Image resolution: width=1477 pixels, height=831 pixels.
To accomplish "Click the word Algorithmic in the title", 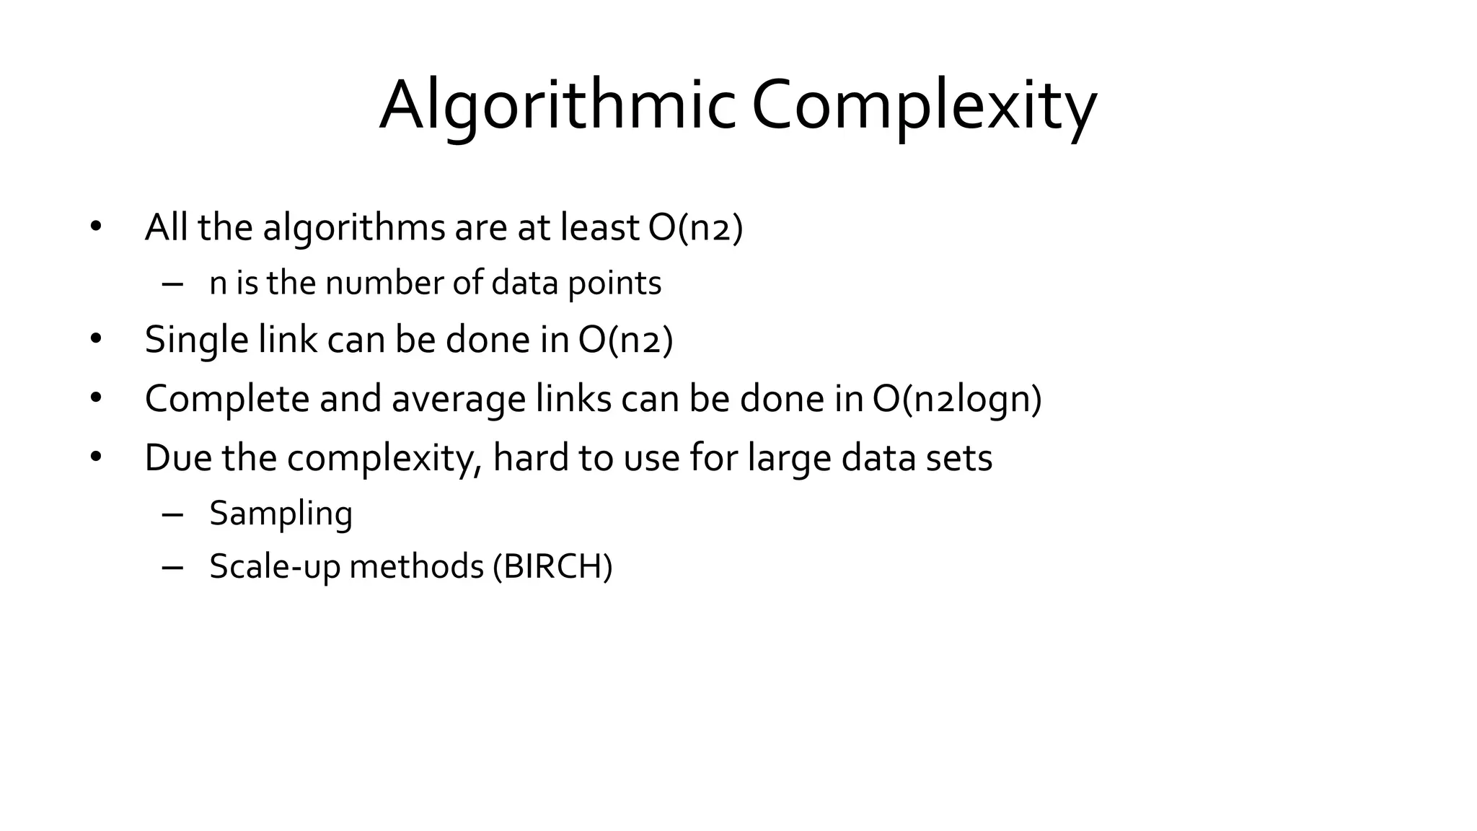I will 557,107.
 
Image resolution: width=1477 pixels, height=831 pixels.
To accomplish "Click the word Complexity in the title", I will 924,107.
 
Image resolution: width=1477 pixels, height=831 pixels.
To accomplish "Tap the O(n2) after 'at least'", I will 695,228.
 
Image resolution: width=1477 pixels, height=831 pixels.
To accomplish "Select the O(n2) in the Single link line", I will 625,340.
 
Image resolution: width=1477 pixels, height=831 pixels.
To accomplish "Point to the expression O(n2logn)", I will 957,399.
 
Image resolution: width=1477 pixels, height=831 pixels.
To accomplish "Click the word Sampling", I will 281,514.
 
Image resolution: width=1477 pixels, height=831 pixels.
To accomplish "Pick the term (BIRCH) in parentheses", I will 552,566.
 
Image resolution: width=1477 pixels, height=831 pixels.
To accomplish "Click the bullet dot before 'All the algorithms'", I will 96,228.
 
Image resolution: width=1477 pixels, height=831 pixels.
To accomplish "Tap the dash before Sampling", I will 173,514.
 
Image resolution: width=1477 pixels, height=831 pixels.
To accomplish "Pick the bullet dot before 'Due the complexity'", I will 96,458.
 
